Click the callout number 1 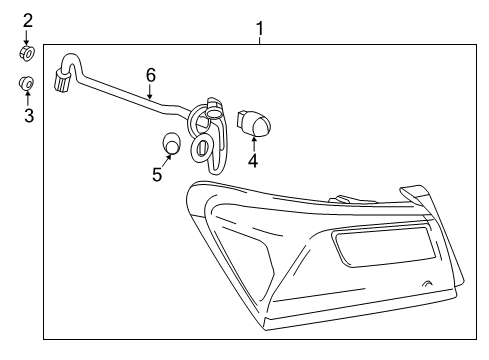tap(260, 27)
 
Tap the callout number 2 tap(28, 20)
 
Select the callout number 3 tap(28, 116)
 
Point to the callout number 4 tap(253, 160)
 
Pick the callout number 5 tap(157, 175)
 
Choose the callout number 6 tap(151, 75)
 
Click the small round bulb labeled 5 tap(173, 144)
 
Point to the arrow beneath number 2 tap(28, 36)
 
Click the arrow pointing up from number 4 tap(253, 144)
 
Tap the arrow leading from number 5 tap(166, 158)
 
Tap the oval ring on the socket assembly tap(201, 148)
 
